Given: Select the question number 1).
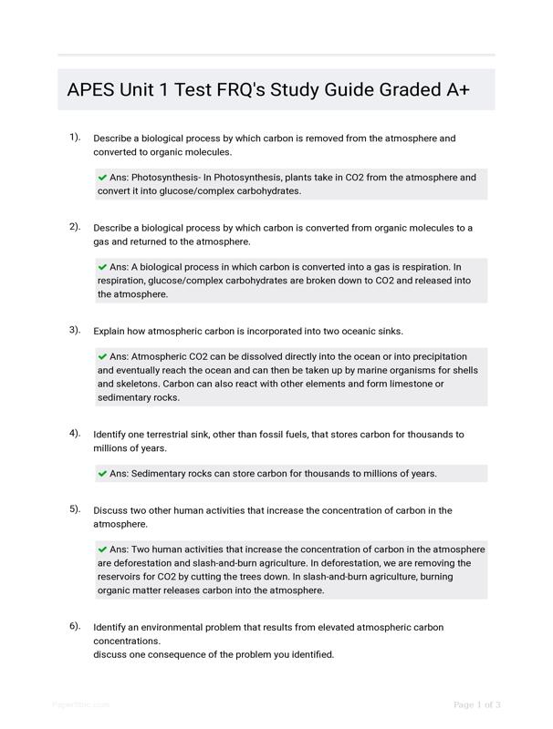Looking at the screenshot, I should [x=75, y=138].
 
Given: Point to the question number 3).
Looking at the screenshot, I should [x=75, y=330].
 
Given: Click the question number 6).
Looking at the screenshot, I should [x=75, y=627].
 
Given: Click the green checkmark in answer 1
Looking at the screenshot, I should [x=102, y=178].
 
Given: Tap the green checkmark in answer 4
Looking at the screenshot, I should [x=102, y=474].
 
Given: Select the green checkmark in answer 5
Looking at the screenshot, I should [x=102, y=549].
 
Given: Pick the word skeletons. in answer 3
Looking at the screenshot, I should [x=120, y=384].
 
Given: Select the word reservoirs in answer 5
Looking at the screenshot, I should [x=121, y=577].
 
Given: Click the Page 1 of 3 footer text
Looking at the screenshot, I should [x=477, y=704].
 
